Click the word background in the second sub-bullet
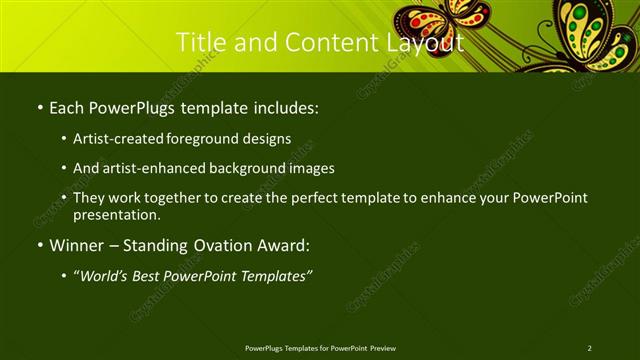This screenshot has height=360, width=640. coord(258,168)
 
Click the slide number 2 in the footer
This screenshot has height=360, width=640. coord(589,347)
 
